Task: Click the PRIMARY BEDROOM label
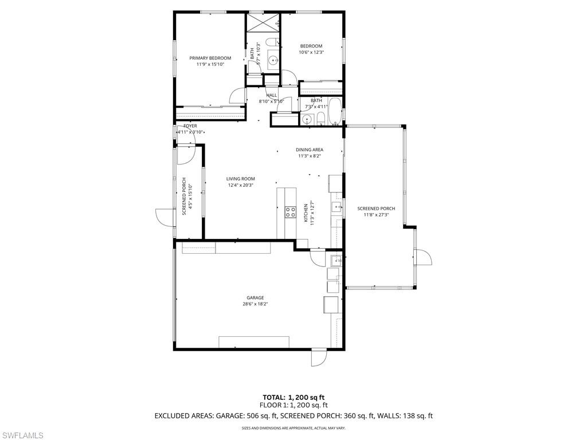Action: pos(210,58)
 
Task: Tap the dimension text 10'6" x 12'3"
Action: pos(311,53)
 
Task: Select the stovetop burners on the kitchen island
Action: pos(291,212)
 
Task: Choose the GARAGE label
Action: pos(255,298)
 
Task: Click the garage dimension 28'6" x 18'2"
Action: pos(255,304)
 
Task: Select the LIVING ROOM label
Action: pos(240,179)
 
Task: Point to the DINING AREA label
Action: pos(310,150)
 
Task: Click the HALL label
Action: pos(271,95)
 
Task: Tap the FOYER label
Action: pos(190,125)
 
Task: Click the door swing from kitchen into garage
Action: pos(316,256)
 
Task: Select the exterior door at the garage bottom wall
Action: pos(318,357)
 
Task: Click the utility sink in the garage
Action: pos(336,261)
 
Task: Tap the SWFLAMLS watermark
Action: pos(22,435)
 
